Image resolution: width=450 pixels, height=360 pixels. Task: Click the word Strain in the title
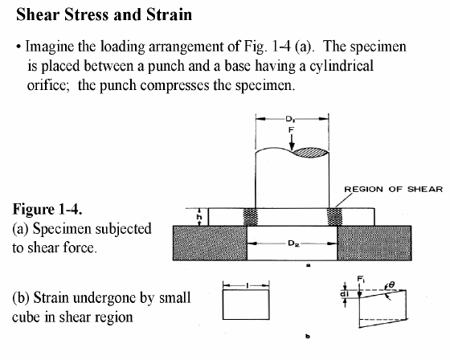[x=170, y=14]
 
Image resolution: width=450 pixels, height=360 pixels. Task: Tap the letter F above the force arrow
[x=291, y=129]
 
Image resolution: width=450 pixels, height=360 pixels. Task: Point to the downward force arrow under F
[x=292, y=142]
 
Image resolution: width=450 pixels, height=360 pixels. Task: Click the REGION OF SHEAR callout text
[x=393, y=189]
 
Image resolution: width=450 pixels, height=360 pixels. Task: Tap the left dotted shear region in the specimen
[x=251, y=217]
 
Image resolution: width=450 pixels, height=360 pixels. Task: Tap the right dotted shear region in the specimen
[x=334, y=217]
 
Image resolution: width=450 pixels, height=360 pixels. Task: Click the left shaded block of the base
[x=210, y=243]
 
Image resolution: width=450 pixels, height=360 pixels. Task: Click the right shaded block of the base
[x=374, y=243]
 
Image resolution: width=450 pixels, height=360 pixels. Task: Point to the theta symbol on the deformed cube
[x=392, y=284]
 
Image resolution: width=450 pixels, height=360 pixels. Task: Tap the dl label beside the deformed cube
[x=344, y=294]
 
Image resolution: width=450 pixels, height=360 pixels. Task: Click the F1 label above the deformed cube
[x=361, y=279]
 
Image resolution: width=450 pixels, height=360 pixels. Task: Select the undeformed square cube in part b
[x=246, y=305]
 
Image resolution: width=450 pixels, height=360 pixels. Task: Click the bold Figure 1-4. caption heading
[x=47, y=209]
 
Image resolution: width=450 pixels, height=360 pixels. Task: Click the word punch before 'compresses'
[x=118, y=85]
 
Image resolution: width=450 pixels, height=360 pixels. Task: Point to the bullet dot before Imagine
[x=18, y=47]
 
